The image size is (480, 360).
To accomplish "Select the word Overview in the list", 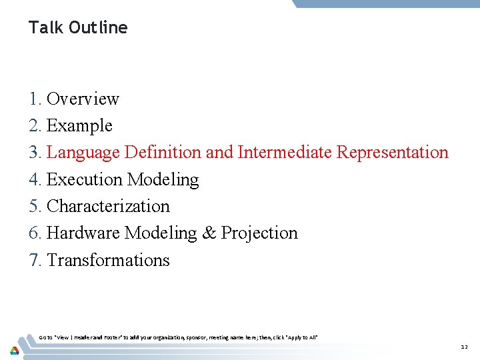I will coord(83,99).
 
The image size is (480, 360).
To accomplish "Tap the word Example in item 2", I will coord(79,125).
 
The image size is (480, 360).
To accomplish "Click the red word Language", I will coord(84,153).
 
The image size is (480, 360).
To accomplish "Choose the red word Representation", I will coord(393,153).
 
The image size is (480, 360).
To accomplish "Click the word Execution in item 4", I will coord(85,179).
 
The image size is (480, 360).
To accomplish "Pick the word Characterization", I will coord(108,207).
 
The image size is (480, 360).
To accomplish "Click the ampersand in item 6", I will coord(209,233).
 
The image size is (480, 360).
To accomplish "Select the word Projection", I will coord(259,233).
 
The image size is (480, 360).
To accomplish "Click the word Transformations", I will coord(108,260).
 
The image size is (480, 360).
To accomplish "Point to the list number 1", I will coord(35,99).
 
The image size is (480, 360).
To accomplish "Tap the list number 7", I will coord(35,260).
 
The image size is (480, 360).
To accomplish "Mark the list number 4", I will coord(35,179).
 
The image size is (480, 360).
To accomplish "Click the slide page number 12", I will coord(464,347).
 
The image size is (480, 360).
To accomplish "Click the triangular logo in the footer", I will coord(14,350).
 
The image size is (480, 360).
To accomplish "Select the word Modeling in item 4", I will coord(163,179).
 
